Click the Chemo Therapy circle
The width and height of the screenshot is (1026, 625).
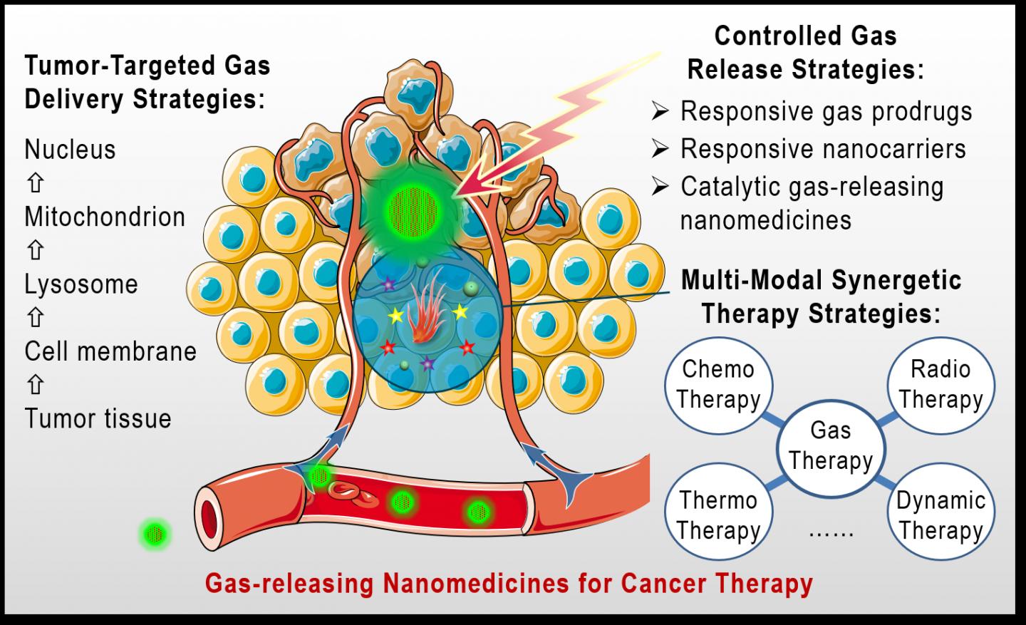tap(718, 384)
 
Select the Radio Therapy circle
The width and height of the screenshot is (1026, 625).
tap(940, 384)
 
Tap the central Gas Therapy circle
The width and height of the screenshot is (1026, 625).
tap(831, 446)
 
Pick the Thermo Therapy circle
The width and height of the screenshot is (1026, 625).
tap(718, 515)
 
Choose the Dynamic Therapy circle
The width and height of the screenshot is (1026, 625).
tap(940, 515)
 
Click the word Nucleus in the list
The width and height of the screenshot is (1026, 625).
tap(70, 150)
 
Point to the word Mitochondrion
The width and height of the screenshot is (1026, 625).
tap(105, 217)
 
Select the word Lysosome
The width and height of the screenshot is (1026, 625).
tap(81, 284)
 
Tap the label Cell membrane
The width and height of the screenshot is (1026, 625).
tap(110, 351)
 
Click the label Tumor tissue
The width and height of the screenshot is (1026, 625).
tap(98, 418)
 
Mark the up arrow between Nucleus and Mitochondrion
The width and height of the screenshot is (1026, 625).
tap(35, 183)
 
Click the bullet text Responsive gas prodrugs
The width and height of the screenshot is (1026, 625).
tap(826, 112)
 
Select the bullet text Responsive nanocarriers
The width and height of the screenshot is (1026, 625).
tap(823, 149)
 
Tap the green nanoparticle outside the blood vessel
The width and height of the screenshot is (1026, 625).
tap(155, 534)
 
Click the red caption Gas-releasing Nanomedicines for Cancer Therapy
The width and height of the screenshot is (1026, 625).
tap(509, 584)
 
